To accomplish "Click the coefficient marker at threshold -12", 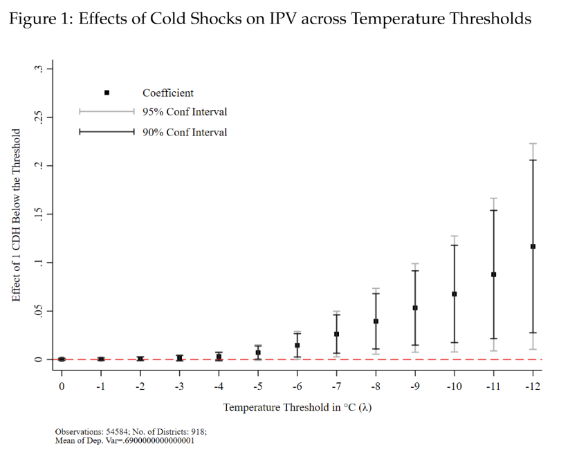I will (x=532, y=246).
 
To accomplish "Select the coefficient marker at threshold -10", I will (x=454, y=294).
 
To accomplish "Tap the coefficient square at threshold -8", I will (x=376, y=321).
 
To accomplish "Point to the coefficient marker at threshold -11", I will (x=493, y=274).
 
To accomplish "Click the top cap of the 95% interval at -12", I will (x=532, y=144).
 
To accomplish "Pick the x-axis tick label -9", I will (x=414, y=385).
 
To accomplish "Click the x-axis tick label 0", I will (x=62, y=385).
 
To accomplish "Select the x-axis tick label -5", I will (x=257, y=385).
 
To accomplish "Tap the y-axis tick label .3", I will (x=39, y=68).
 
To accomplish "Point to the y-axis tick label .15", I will (x=39, y=214).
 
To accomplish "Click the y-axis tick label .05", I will (x=39, y=311).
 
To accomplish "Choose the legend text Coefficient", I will (x=168, y=93).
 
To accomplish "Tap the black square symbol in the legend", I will (x=107, y=93).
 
